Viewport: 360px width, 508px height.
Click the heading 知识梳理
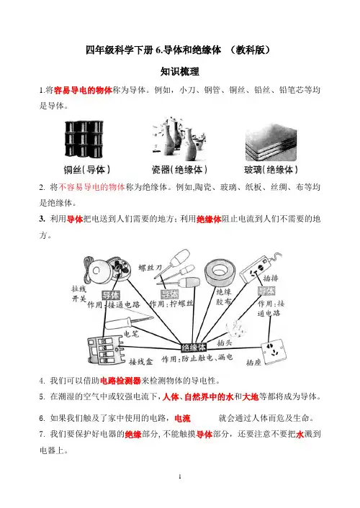pos(180,72)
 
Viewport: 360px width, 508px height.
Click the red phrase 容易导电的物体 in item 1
pos(83,90)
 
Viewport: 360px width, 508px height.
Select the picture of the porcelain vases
pos(179,138)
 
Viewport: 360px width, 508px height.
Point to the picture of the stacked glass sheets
pos(271,142)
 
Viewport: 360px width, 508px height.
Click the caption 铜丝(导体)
pos(87,169)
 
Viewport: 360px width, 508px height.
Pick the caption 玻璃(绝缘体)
pos(271,169)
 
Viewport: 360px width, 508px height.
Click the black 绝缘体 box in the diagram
pos(194,348)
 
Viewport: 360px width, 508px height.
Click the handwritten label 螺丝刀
pos(150,268)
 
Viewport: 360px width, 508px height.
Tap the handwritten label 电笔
pos(131,333)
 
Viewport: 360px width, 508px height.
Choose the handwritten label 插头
pos(225,343)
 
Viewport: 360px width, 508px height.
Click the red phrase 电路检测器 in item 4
pos(120,381)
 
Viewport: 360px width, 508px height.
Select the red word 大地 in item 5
pos(251,396)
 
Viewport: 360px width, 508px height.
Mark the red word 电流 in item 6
pos(183,418)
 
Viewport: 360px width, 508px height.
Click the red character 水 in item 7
pos(300,434)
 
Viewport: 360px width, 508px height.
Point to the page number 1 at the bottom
pos(180,476)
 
